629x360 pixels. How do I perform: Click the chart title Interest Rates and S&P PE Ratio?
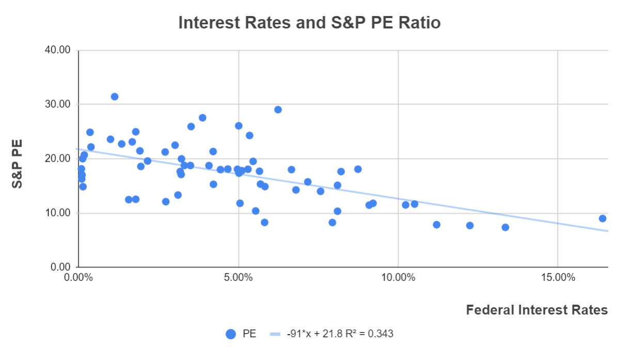tap(309, 23)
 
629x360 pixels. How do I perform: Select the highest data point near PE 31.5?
tap(115, 97)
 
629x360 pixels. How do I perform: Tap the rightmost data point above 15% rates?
tap(602, 218)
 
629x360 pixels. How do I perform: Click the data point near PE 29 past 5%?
tap(278, 109)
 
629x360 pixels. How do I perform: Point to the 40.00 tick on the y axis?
tap(57, 51)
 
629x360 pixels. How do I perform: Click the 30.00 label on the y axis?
tap(57, 104)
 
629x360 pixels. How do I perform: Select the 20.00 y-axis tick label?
tap(57, 159)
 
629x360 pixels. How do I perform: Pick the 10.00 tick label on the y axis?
tap(57, 213)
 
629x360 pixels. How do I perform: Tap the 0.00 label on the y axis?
tap(60, 267)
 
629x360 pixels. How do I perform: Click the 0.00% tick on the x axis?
tap(78, 277)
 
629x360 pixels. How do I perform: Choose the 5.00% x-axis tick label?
tap(238, 277)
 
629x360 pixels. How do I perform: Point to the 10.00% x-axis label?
tap(398, 277)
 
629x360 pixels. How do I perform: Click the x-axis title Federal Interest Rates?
tap(537, 310)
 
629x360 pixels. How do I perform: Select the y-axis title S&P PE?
tap(18, 159)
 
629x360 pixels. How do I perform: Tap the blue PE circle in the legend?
tap(231, 334)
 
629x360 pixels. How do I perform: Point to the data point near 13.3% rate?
tap(505, 227)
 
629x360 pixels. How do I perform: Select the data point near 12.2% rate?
tap(469, 226)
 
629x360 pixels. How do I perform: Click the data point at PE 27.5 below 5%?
tap(202, 118)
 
